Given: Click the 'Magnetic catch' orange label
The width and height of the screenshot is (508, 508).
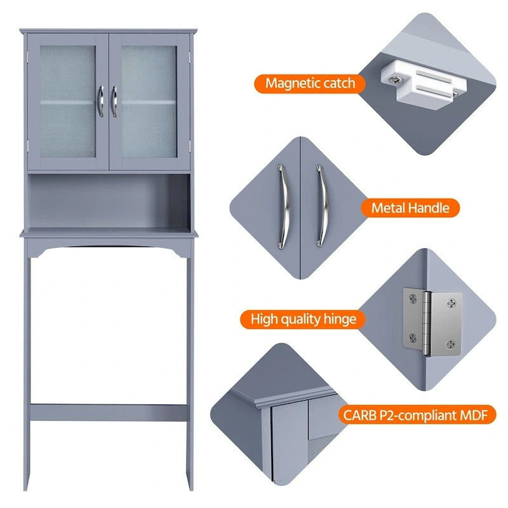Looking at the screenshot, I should [x=310, y=83].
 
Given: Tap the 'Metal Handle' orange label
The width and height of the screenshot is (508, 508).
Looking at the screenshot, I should [x=410, y=208].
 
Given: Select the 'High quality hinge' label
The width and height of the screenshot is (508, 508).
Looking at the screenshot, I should [x=304, y=319].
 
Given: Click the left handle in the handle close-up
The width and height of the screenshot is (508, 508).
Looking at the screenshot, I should [x=283, y=207].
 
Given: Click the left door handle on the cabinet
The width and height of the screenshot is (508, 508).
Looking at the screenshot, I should [x=100, y=101].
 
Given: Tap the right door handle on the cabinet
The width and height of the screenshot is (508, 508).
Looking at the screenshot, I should [x=115, y=101].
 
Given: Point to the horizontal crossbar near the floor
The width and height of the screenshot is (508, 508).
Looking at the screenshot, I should [x=108, y=411].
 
